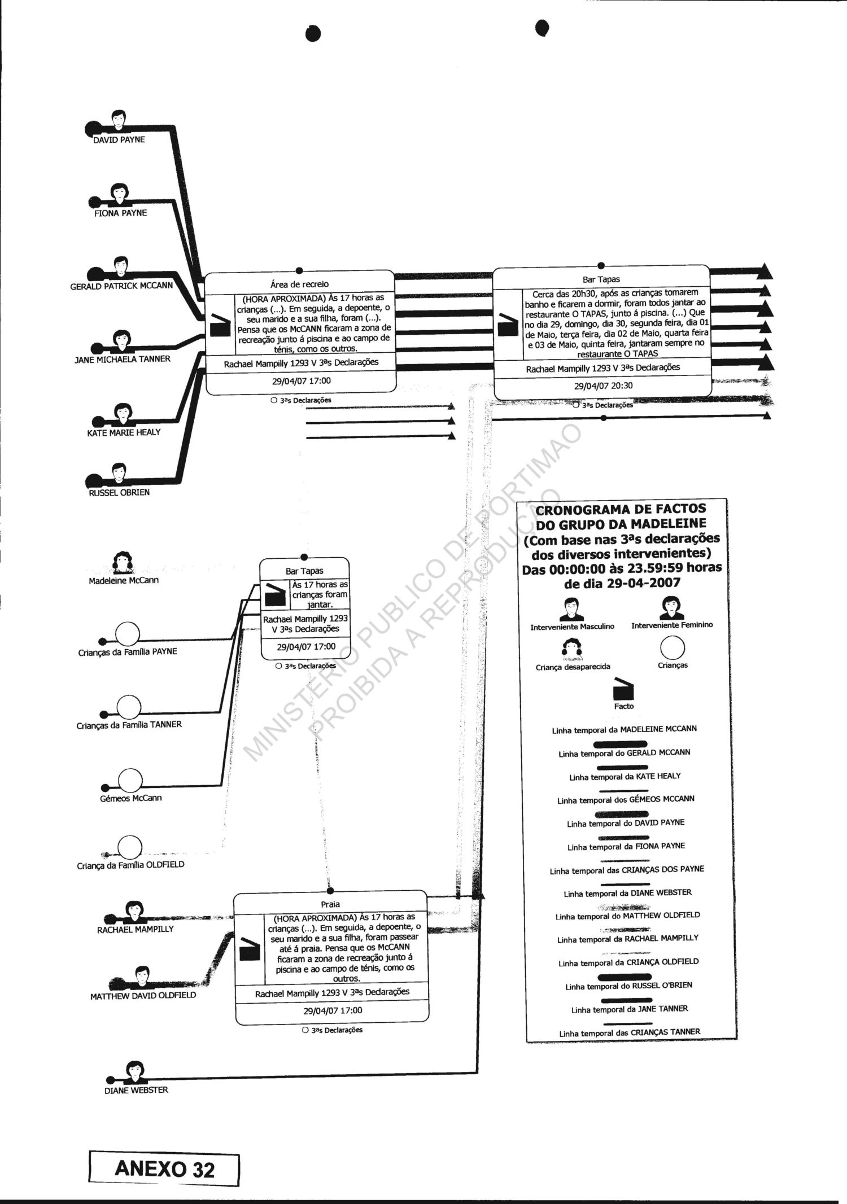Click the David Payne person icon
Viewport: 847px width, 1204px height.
[118, 120]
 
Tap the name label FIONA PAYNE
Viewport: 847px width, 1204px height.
[120, 213]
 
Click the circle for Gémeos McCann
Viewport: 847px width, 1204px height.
[130, 781]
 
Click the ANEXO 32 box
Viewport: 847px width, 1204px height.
[164, 1169]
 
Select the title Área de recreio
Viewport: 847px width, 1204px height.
[299, 284]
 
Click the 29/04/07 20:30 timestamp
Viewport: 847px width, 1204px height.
[603, 386]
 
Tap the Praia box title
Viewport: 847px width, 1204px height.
[330, 904]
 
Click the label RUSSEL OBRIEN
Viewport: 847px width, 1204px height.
[119, 492]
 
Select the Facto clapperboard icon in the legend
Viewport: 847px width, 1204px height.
[623, 689]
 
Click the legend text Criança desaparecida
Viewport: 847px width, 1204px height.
[573, 667]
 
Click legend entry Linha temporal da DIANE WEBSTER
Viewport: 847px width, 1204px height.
[627, 893]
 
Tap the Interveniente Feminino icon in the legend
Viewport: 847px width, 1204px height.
[671, 608]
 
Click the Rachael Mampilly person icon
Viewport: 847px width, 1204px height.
[133, 911]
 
